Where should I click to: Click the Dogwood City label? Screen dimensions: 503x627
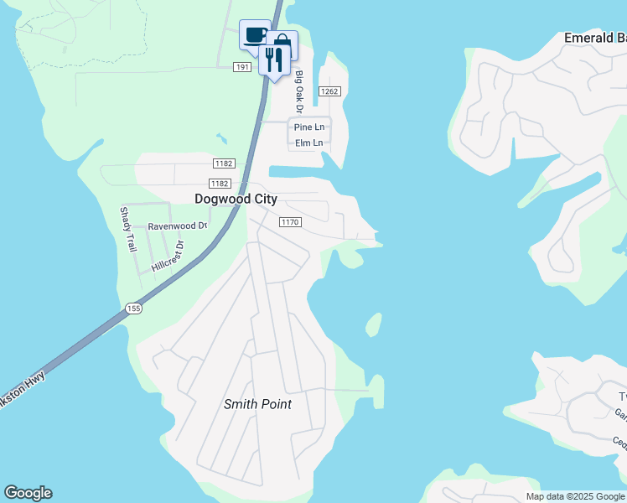[x=236, y=200]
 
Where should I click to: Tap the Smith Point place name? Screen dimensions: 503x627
[x=257, y=404]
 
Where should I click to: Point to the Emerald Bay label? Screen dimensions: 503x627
[x=594, y=39]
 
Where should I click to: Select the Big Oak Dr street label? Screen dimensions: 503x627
[x=298, y=91]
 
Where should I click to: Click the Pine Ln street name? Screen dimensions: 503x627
[x=308, y=127]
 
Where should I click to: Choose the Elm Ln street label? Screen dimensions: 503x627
[x=308, y=143]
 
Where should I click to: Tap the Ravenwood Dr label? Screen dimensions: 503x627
[x=177, y=226]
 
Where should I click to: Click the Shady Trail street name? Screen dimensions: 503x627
[x=127, y=230]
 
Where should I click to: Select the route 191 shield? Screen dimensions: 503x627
[x=241, y=66]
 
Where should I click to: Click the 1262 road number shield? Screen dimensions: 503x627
[x=329, y=91]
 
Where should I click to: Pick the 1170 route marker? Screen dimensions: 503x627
[x=289, y=222]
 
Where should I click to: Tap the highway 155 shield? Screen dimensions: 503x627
[x=134, y=309]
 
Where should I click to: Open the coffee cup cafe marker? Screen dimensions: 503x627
[x=255, y=35]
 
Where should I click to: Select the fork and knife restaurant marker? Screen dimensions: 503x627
[x=273, y=59]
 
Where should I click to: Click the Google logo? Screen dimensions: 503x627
[x=28, y=493]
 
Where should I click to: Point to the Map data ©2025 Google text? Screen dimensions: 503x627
[x=574, y=496]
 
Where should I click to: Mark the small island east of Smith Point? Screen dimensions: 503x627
[x=373, y=324]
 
